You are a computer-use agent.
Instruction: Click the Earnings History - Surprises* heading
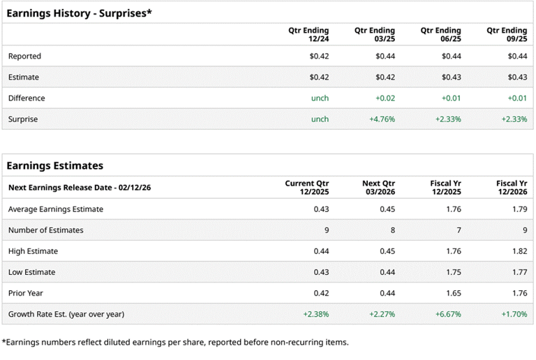[80, 12]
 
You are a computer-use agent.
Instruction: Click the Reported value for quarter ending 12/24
[319, 56]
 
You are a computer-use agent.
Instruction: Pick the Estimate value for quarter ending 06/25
[451, 77]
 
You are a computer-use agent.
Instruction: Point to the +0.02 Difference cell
[385, 98]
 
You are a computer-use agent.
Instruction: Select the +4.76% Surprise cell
[382, 119]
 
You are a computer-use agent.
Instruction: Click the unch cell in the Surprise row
[320, 119]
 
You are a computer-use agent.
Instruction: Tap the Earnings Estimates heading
[55, 165]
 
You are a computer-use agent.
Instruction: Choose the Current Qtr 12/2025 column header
[306, 188]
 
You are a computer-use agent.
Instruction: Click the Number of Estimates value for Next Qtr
[392, 230]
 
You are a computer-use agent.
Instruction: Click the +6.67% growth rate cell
[448, 314]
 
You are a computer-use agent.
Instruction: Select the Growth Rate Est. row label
[66, 314]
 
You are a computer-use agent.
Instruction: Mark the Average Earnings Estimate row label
[56, 209]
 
